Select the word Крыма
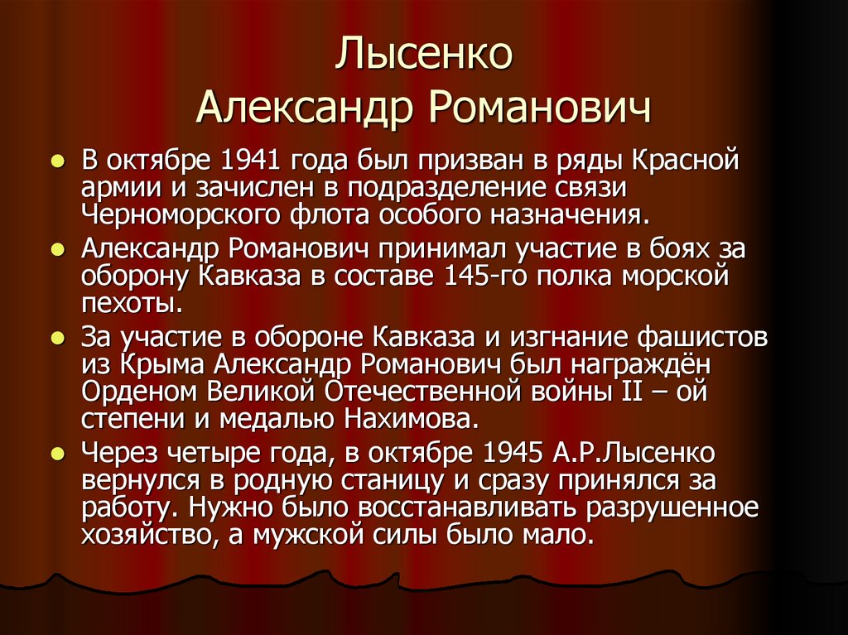[162, 365]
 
